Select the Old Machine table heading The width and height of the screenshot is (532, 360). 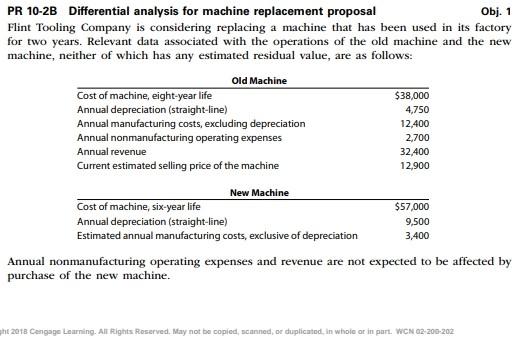click(x=258, y=80)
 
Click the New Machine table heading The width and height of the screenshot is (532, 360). click(x=259, y=192)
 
